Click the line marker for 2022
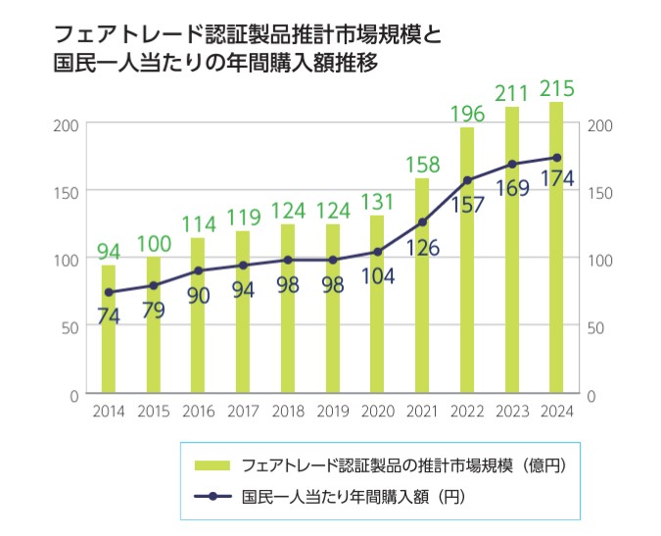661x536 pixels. [467, 180]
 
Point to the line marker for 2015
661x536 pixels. [154, 286]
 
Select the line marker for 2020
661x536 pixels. [378, 252]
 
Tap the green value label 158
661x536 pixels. [422, 164]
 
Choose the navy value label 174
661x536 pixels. [555, 180]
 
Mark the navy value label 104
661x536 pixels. [376, 276]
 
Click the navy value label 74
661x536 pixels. [109, 316]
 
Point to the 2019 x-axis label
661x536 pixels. [332, 412]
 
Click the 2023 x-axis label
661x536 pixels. [511, 412]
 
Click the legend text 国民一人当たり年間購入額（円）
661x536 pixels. [353, 497]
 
